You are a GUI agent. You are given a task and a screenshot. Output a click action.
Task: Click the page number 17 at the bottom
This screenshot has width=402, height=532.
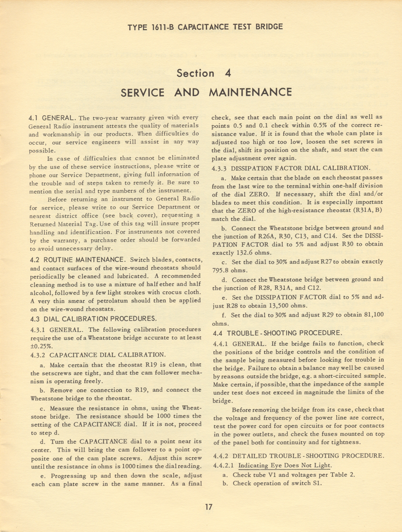[207, 507]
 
